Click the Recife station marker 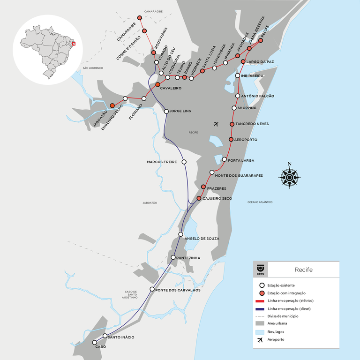coord(261,41)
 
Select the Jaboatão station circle coord(112,106)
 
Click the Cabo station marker coord(95,342)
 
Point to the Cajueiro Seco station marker coord(199,199)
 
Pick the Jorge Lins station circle coord(166,112)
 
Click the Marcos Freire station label coord(162,162)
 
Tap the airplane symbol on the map coord(216,124)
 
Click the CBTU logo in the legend coord(260,270)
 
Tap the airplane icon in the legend coord(259,339)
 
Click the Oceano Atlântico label coord(260,202)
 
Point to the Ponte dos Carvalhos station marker coord(151,290)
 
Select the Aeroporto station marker coord(231,140)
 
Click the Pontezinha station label coord(189,258)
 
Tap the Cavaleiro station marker coord(157,84)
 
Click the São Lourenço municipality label coord(92,68)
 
